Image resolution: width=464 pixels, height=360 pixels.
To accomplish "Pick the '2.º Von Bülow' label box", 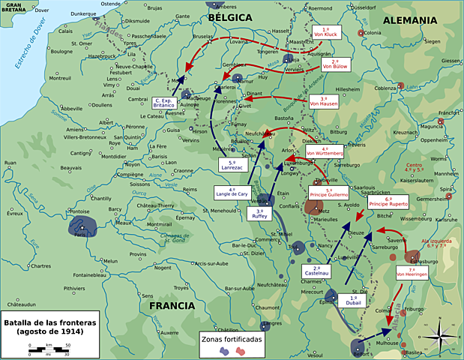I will pos(335,64).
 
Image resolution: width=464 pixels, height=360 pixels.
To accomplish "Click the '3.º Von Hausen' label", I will pos(324,101).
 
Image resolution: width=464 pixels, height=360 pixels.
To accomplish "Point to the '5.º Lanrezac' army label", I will pos(232,166).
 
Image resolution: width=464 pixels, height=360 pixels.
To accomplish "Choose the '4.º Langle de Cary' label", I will pos(232,192).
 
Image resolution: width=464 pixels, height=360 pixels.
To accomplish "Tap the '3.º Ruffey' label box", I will pos(259,214).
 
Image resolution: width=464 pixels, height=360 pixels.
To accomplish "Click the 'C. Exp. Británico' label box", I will pos(163,103).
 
